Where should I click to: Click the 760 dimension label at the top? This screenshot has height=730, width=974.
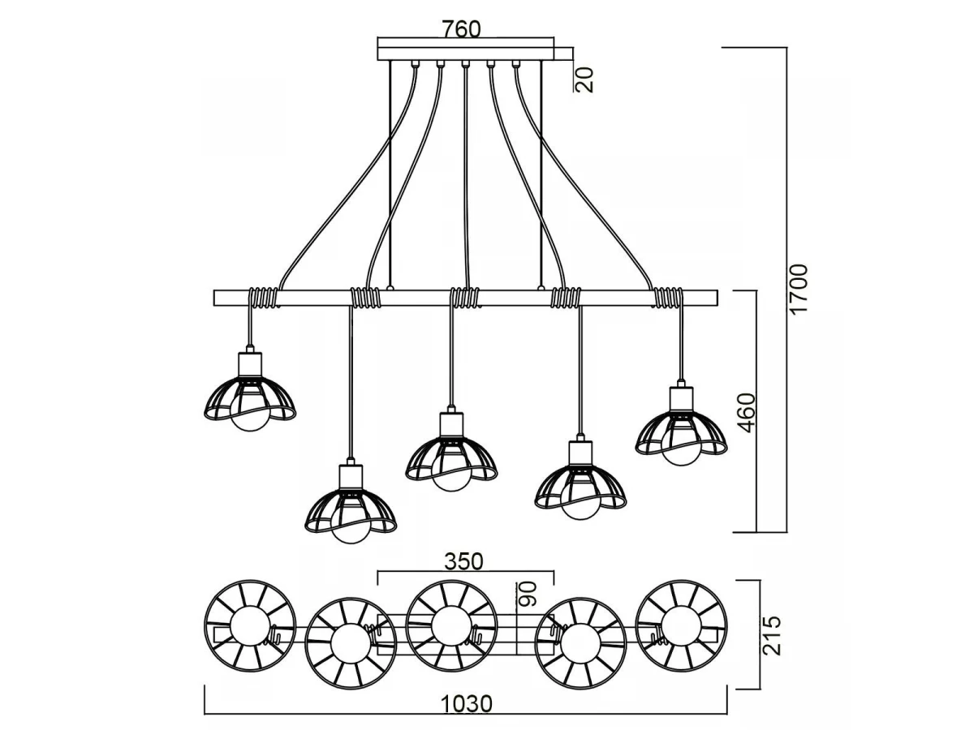pyautogui.click(x=461, y=28)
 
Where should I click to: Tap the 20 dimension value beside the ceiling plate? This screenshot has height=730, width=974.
pyautogui.click(x=585, y=79)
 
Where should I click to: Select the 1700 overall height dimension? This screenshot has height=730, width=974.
pyautogui.click(x=799, y=289)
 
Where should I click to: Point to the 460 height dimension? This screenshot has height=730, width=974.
pyautogui.click(x=746, y=412)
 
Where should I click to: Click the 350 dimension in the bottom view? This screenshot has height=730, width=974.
pyautogui.click(x=463, y=560)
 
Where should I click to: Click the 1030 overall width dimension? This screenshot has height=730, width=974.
pyautogui.click(x=466, y=703)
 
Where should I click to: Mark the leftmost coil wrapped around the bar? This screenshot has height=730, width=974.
pyautogui.click(x=263, y=298)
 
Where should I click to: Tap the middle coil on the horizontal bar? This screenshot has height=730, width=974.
pyautogui.click(x=465, y=298)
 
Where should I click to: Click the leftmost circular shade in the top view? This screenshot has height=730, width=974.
pyautogui.click(x=249, y=625)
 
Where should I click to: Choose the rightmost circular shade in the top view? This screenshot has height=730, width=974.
pyautogui.click(x=682, y=625)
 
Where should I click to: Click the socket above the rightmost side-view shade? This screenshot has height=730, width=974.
pyautogui.click(x=681, y=399)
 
